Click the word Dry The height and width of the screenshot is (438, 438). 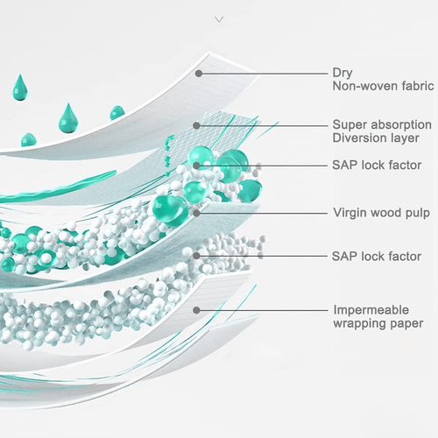click(343, 73)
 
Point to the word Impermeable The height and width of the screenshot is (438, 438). click(371, 310)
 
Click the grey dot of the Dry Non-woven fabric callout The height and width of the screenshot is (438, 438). click(199, 74)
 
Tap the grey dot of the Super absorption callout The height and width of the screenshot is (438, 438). click(197, 126)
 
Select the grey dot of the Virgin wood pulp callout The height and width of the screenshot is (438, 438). click(196, 213)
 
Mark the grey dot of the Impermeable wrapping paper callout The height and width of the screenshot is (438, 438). click(196, 310)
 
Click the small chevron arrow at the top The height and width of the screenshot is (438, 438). click(219, 19)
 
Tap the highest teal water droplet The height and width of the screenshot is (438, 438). click(20, 88)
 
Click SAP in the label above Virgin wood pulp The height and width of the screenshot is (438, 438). click(344, 166)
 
